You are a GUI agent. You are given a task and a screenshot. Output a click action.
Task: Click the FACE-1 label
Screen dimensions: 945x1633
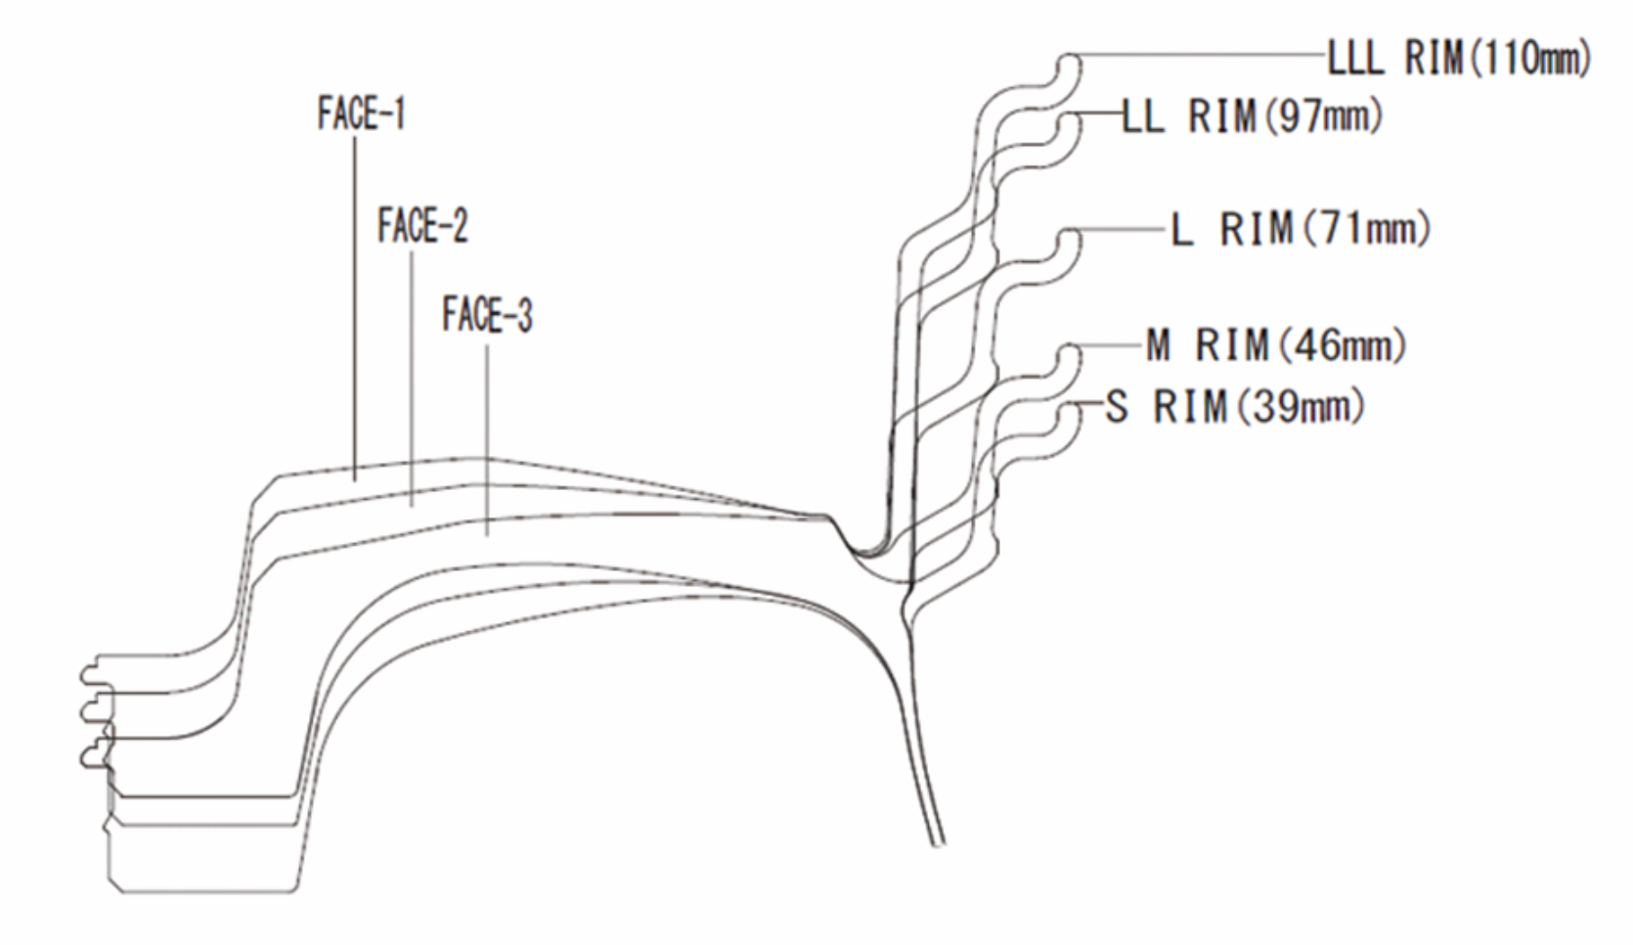pyautogui.click(x=361, y=113)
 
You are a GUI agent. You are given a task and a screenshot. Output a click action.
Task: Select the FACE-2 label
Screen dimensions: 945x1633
pyautogui.click(x=422, y=227)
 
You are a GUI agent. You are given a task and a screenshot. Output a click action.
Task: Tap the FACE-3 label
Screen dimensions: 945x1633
pyautogui.click(x=487, y=315)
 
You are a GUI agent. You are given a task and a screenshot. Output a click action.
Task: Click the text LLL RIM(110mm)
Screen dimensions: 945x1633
pyautogui.click(x=1458, y=59)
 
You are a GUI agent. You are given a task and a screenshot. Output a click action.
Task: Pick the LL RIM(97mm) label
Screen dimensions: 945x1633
pyautogui.click(x=1252, y=116)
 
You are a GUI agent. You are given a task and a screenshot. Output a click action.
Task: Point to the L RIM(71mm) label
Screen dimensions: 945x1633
pyautogui.click(x=1301, y=230)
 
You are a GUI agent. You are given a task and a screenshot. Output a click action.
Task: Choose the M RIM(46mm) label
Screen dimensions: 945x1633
pyautogui.click(x=1276, y=345)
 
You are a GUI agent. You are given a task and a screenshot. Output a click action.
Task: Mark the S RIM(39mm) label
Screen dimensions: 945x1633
pyautogui.click(x=1234, y=406)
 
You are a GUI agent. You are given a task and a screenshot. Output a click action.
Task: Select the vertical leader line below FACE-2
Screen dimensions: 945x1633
pyautogui.click(x=412, y=372)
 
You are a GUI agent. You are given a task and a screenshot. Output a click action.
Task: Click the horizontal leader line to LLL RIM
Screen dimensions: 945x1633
pyautogui.click(x=1203, y=56)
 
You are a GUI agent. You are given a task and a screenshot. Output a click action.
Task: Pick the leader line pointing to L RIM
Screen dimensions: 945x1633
pyautogui.click(x=1125, y=231)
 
